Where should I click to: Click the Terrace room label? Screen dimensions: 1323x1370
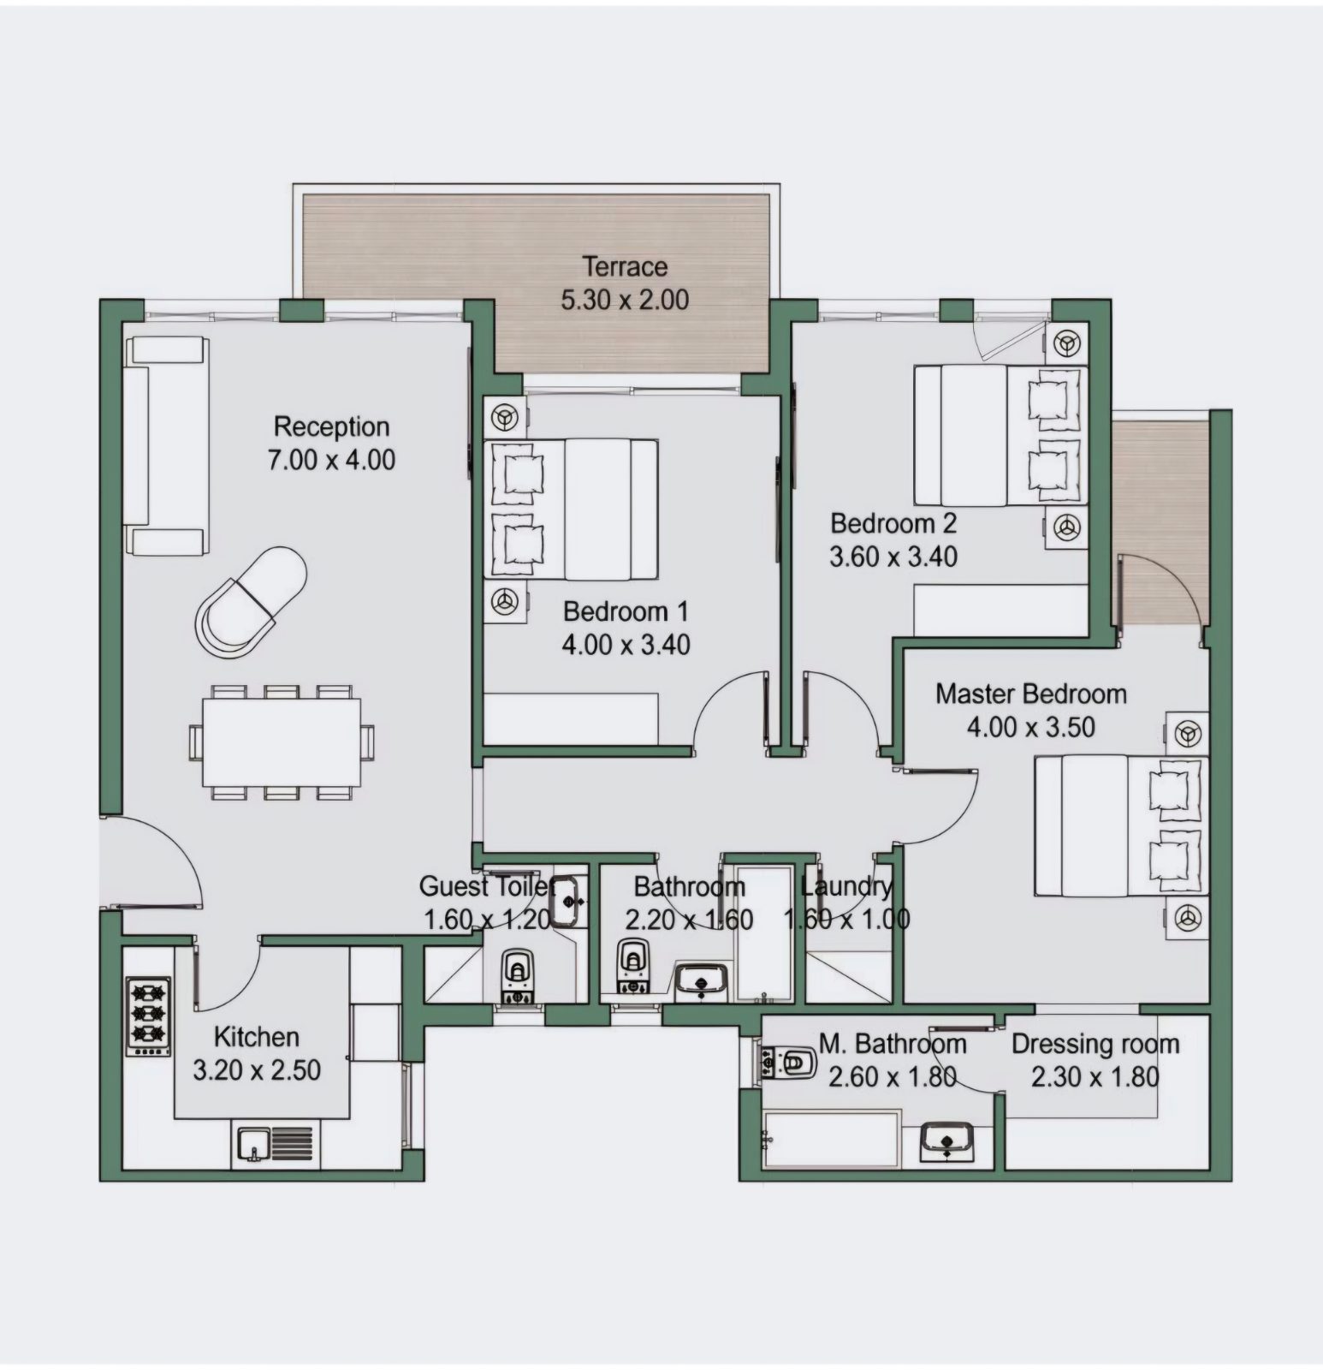[x=625, y=266]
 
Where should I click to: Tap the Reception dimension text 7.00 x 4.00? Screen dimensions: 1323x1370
[x=332, y=460]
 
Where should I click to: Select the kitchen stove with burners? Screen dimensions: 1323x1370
[x=149, y=1016]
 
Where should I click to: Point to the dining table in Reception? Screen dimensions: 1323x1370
[x=282, y=742]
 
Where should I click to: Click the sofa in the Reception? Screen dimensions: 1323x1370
[x=167, y=445]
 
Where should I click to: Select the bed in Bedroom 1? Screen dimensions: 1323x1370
[x=571, y=510]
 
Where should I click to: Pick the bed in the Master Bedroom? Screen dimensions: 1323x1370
[x=1121, y=825]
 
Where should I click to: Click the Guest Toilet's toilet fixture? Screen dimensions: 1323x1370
[x=517, y=975]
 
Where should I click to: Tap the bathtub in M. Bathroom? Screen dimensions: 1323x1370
[x=831, y=1139]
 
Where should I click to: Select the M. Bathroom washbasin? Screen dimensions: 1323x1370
[x=946, y=1140]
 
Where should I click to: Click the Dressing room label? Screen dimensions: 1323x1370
[x=1095, y=1044]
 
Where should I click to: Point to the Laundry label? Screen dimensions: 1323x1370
[x=846, y=886]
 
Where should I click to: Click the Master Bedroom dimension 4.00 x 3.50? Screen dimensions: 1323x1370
[x=1031, y=727]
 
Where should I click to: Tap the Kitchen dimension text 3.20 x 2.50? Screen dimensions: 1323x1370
[x=257, y=1069]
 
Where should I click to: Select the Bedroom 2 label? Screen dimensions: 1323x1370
[x=893, y=523]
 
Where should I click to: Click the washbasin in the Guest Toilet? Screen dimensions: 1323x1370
[x=567, y=902]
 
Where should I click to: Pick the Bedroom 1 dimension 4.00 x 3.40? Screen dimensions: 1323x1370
[x=626, y=644]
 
